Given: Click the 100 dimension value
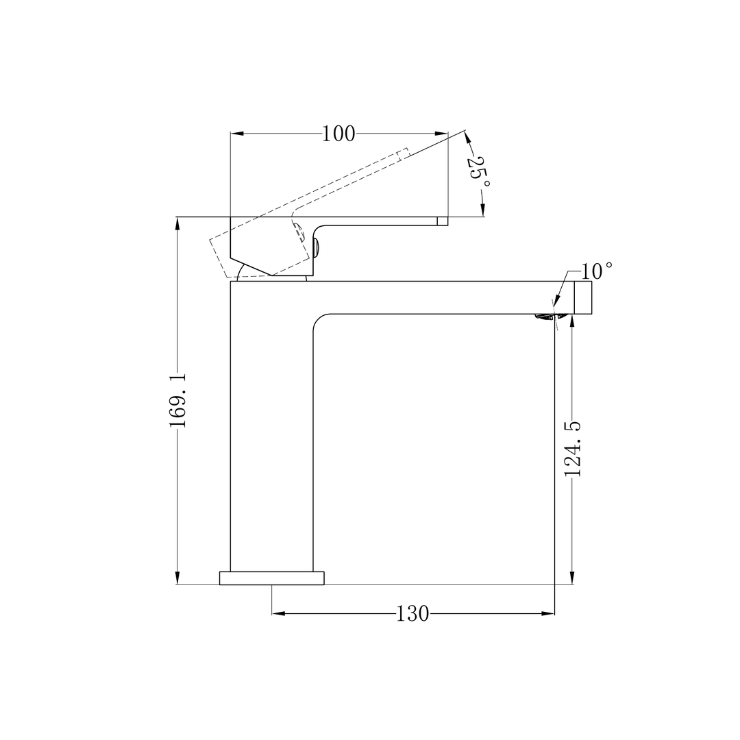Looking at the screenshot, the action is point(338,134).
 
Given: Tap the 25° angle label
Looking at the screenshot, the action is point(477,170).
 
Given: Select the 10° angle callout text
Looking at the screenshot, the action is point(597,271).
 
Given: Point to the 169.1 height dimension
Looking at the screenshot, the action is point(178,399).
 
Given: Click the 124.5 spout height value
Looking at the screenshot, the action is point(574,449).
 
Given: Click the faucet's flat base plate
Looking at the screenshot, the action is point(272,578).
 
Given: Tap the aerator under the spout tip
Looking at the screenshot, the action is point(545,317).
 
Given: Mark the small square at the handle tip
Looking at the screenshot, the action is point(442,221).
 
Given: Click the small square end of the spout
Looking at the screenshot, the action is point(583,297).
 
